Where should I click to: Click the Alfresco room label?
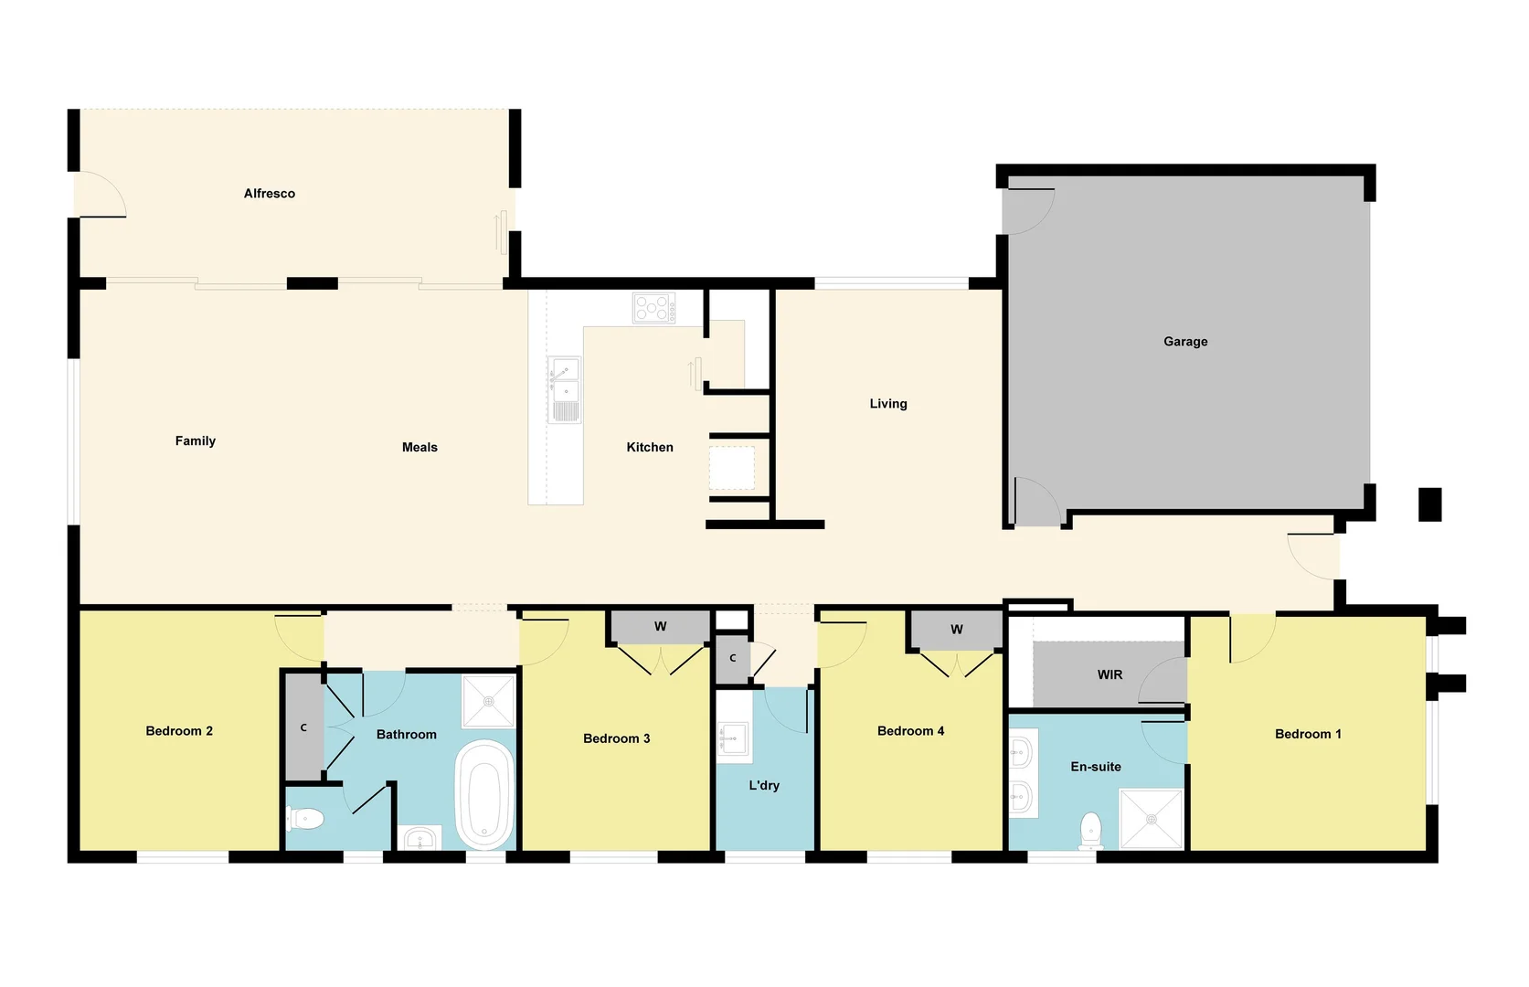269,194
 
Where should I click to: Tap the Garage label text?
1185,342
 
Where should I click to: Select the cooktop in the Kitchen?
654,307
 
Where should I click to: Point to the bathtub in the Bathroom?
484,794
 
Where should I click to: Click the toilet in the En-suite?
1090,830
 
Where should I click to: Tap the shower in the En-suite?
1152,819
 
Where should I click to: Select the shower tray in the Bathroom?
489,701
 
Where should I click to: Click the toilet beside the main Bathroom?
306,819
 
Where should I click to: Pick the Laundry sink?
733,739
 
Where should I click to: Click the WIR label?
1110,675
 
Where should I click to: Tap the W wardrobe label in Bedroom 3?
660,627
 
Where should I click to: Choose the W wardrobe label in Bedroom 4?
956,630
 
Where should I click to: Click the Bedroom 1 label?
1308,734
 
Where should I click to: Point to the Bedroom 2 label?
179,731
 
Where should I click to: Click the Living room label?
887,404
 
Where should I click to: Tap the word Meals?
419,448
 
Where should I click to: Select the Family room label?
196,441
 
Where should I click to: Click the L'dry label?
764,786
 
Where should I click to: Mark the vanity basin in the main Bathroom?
420,838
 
